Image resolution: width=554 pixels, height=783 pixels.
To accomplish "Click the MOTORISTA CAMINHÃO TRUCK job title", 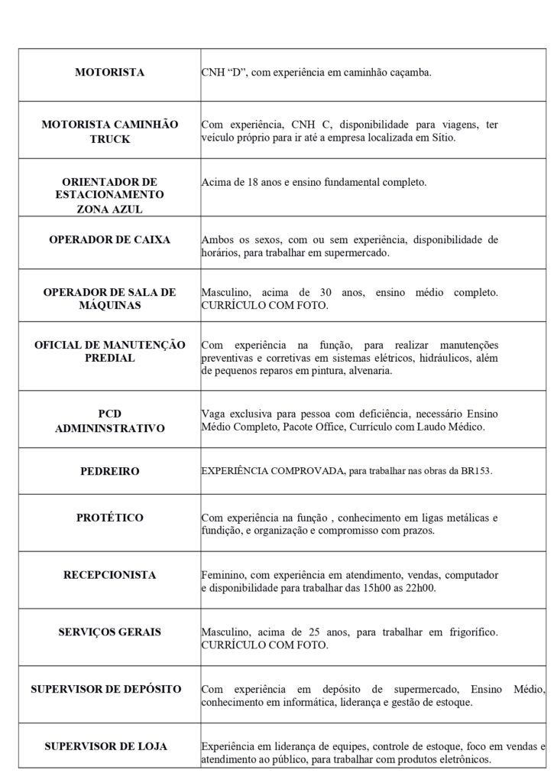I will [110, 131].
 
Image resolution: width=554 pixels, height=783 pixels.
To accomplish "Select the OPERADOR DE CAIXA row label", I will [110, 239].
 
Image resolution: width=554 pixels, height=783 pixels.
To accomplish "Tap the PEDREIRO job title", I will [110, 472].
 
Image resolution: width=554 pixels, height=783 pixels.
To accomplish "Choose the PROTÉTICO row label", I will [110, 518].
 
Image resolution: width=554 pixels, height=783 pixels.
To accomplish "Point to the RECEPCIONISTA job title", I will [110, 574].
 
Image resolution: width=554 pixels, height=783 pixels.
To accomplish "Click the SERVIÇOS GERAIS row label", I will [110, 632].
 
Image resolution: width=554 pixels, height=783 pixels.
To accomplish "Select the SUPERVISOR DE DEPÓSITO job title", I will [106, 689].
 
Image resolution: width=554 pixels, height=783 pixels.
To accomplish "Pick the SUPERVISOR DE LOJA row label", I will [106, 746].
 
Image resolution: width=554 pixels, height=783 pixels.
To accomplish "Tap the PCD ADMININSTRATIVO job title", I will [110, 421].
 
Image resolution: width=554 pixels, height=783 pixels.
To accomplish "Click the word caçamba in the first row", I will [408, 73].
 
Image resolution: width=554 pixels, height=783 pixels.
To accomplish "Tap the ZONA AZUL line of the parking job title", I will [110, 207].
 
